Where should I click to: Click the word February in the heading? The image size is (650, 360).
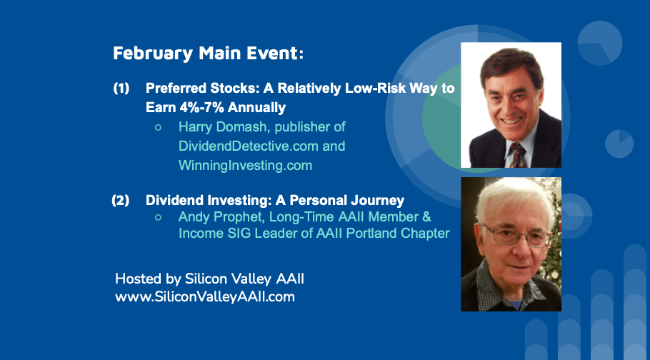(153, 54)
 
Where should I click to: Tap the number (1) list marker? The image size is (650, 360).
(121, 89)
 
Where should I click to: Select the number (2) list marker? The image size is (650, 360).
(121, 200)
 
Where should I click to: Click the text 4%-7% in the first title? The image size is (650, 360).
(201, 108)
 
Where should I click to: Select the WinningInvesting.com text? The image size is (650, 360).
(246, 166)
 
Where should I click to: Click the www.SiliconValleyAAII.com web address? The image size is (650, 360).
(205, 297)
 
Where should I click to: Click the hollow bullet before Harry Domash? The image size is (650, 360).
(158, 128)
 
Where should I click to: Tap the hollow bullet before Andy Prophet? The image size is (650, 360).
(158, 217)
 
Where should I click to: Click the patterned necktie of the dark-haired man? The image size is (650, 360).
(518, 155)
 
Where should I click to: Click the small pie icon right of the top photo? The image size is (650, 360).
(619, 144)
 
